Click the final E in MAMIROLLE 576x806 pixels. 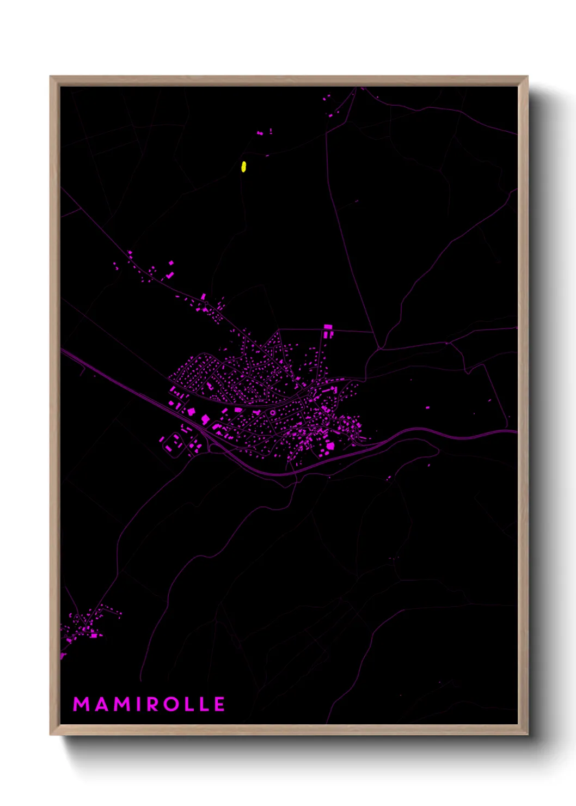(220, 704)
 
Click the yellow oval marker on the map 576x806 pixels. (243, 166)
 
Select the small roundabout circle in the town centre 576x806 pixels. (272, 413)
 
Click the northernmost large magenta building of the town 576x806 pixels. (328, 330)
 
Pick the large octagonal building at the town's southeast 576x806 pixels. (330, 446)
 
